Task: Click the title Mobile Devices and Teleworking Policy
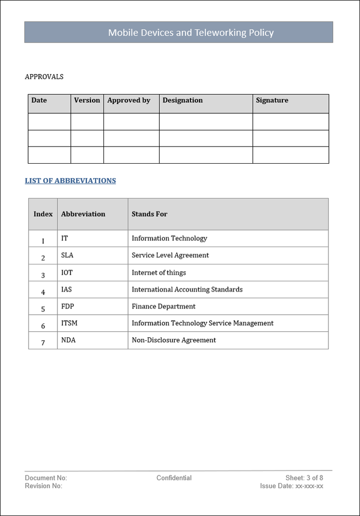(x=191, y=33)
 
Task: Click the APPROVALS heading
(x=44, y=77)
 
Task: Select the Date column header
(x=39, y=100)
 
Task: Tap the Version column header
(x=87, y=100)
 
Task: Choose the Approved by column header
(x=129, y=100)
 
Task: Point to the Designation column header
(x=182, y=100)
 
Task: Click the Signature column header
(x=272, y=100)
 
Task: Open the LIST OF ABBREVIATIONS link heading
(x=70, y=181)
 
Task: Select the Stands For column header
(x=149, y=214)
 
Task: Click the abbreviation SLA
(x=67, y=255)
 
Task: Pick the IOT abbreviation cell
(x=67, y=273)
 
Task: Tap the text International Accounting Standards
(x=187, y=289)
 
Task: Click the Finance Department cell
(x=163, y=306)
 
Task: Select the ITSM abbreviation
(x=69, y=323)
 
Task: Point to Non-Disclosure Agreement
(x=173, y=340)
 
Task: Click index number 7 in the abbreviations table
(x=43, y=343)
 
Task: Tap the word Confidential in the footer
(x=174, y=478)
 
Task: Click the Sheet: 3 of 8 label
(x=304, y=478)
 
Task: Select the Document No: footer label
(x=46, y=478)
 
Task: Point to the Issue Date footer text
(x=291, y=486)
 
